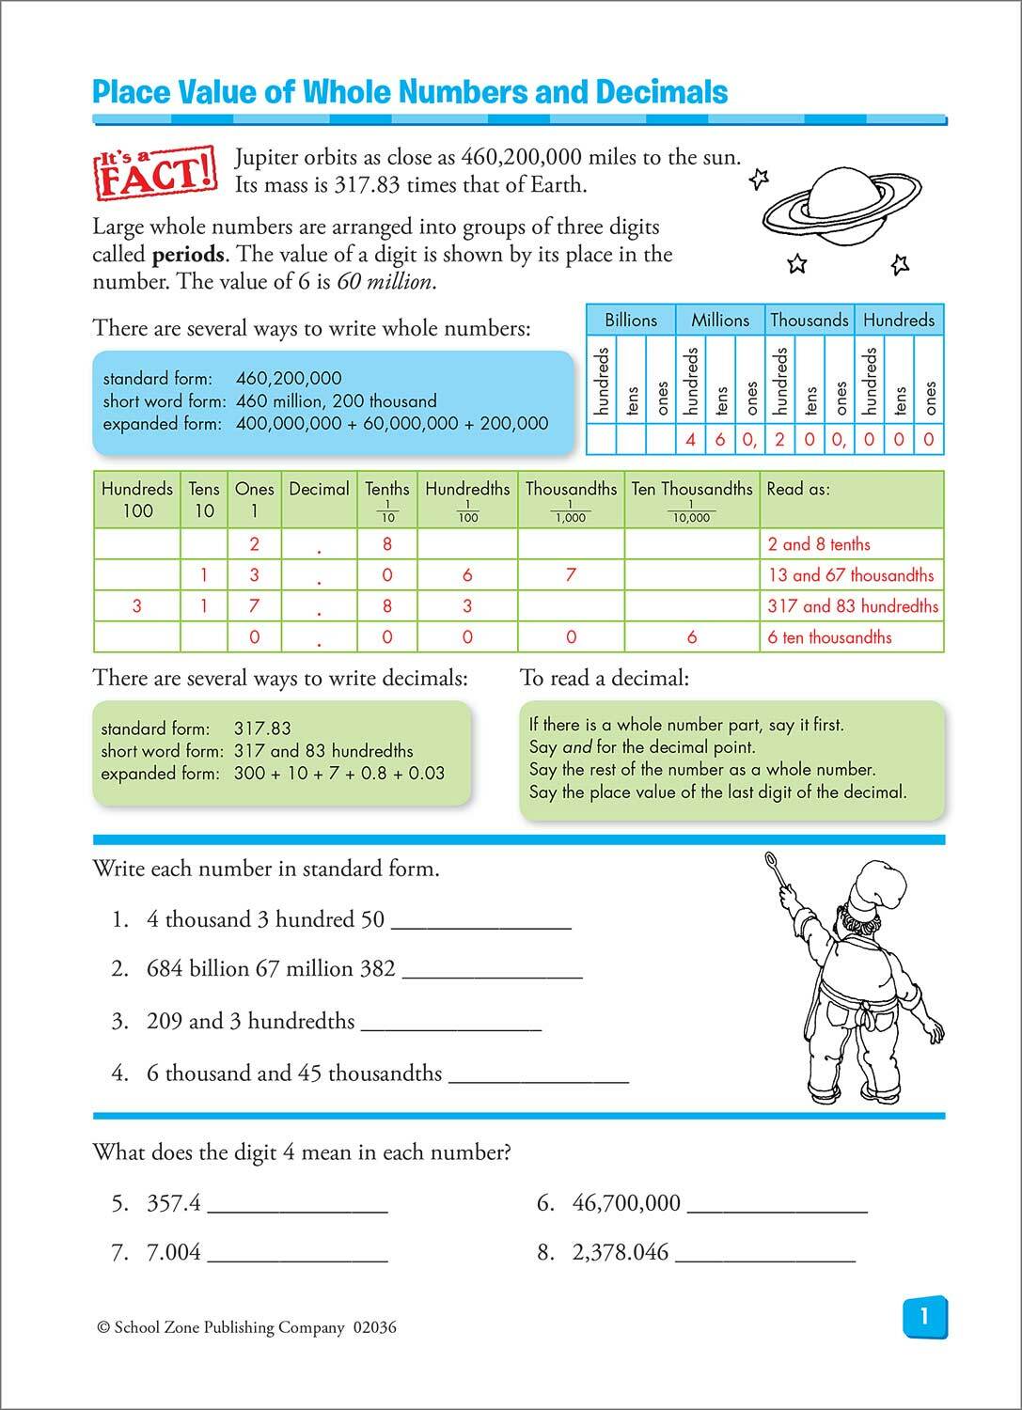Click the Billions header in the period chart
(631, 320)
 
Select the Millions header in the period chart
(720, 320)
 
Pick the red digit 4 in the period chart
(691, 439)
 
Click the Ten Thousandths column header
(692, 489)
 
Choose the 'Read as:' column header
(798, 489)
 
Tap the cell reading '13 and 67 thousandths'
(851, 575)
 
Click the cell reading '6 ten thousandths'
(829, 637)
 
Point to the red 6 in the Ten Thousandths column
(692, 637)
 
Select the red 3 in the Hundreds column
(137, 606)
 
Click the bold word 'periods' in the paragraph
(188, 255)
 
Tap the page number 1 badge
(924, 1317)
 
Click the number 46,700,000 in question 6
(626, 1203)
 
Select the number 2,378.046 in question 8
(621, 1253)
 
